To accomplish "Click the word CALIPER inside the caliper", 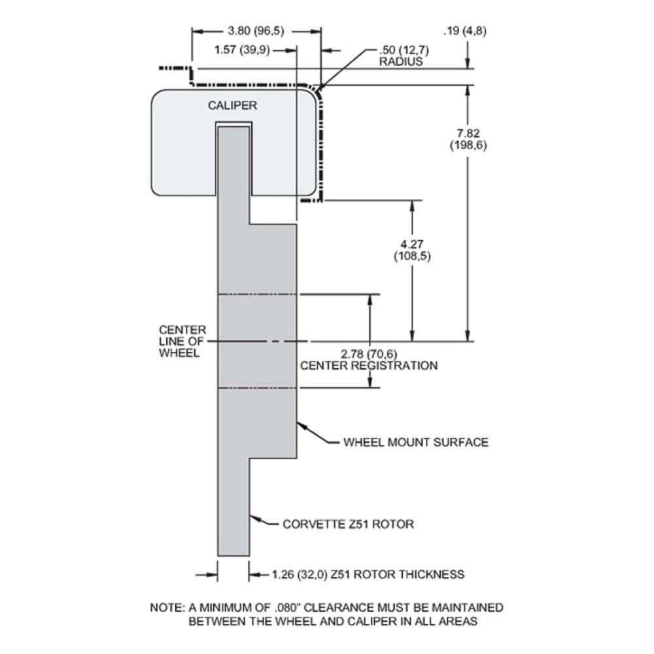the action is (232, 105).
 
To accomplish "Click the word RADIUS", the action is (400, 61).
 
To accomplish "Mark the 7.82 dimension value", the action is (468, 134).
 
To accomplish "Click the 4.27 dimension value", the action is (412, 245).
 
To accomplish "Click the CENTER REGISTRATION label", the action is (369, 366).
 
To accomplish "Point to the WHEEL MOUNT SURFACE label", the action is (416, 442).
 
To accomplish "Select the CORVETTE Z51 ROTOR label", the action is (349, 525).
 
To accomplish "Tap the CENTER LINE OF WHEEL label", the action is (182, 341).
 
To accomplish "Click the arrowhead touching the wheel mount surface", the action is (301, 425).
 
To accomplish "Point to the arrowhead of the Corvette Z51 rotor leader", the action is (255, 519).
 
